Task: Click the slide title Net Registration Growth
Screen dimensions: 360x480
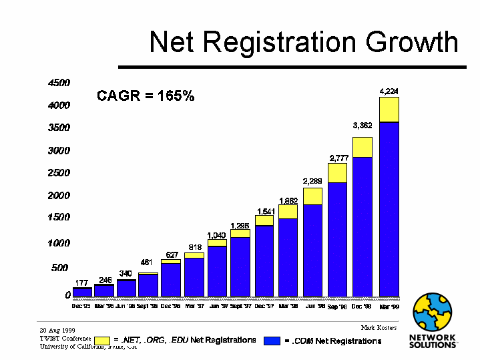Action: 304,41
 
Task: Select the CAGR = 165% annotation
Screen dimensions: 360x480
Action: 146,96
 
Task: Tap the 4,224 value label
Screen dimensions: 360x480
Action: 389,91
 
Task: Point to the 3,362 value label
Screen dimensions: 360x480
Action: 363,125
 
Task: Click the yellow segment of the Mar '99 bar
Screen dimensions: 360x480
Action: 389,110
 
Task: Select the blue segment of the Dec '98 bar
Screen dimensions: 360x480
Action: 363,226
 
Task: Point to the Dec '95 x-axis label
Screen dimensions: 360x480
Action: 81,306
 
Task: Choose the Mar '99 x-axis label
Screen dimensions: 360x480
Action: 389,307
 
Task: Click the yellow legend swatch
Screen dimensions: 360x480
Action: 101,341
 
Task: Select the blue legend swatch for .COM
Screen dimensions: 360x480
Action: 271,341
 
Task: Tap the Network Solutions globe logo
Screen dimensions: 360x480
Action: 434,312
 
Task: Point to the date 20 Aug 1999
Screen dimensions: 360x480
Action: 57,330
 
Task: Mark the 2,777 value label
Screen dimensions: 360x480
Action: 338,158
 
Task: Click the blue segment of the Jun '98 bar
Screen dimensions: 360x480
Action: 312,249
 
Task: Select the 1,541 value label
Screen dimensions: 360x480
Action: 264,211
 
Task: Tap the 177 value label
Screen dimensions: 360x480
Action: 82,283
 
